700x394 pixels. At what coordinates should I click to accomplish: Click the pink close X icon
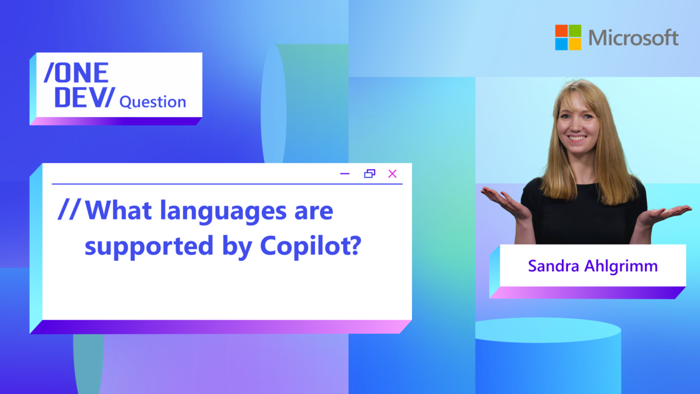(392, 174)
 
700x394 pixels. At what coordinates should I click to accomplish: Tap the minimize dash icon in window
(344, 174)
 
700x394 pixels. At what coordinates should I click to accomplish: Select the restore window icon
(369, 173)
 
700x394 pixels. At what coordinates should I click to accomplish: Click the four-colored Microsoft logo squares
(568, 38)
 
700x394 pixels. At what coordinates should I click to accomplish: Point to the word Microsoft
(634, 38)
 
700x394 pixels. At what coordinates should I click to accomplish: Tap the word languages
(223, 211)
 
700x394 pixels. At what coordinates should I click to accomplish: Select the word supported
(149, 247)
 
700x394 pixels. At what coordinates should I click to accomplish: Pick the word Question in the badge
(152, 103)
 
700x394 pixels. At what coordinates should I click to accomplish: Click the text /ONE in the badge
(76, 73)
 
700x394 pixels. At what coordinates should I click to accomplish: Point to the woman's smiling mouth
(577, 138)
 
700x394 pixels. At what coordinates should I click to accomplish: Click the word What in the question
(118, 210)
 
